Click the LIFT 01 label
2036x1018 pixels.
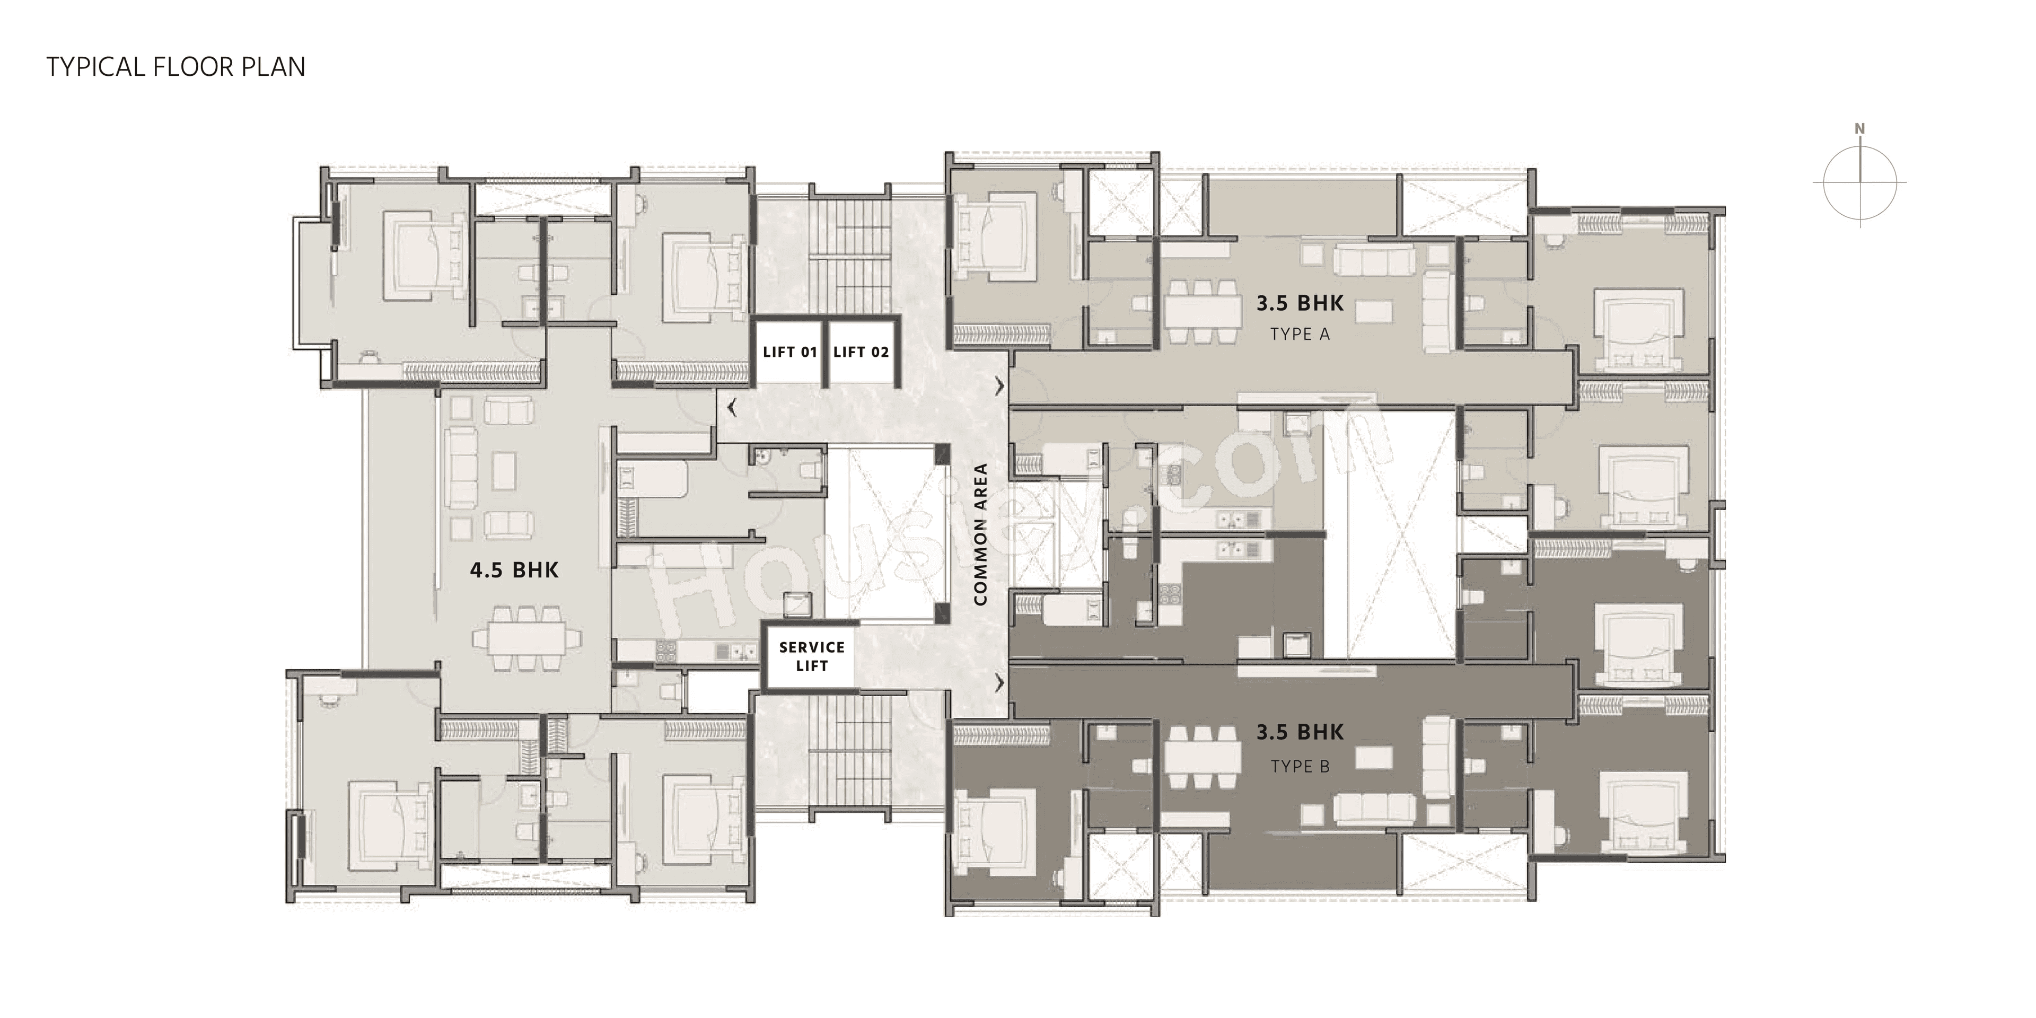tap(789, 352)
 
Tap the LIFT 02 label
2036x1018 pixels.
tap(861, 352)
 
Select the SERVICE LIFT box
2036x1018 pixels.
tap(812, 656)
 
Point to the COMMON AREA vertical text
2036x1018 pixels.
tap(981, 534)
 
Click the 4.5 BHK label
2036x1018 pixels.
tap(514, 570)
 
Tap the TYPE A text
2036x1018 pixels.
tap(1300, 335)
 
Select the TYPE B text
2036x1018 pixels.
tap(1300, 766)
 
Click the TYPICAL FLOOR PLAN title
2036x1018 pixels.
tap(175, 67)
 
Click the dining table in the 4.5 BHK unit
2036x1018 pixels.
tap(526, 637)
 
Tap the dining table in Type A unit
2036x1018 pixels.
tap(1202, 311)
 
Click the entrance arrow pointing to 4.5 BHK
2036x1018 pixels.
tap(732, 408)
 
